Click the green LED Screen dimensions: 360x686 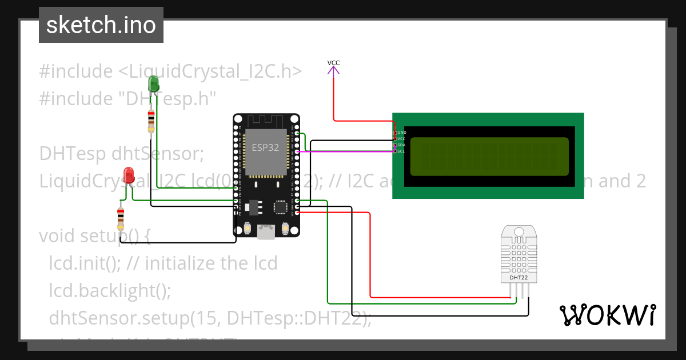point(153,84)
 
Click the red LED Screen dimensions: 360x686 point(129,175)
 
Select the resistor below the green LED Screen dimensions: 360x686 point(151,120)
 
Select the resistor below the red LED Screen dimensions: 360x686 point(121,217)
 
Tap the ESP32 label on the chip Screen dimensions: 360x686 point(265,147)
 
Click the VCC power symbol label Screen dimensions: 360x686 point(333,63)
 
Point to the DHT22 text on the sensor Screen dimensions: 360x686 point(519,278)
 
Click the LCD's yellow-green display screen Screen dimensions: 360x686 point(489,156)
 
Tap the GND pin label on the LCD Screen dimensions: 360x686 point(401,133)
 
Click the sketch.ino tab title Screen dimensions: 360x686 point(101,25)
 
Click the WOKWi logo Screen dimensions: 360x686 point(607,315)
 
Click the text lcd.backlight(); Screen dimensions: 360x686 point(110,290)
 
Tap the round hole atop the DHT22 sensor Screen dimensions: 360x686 point(519,232)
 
